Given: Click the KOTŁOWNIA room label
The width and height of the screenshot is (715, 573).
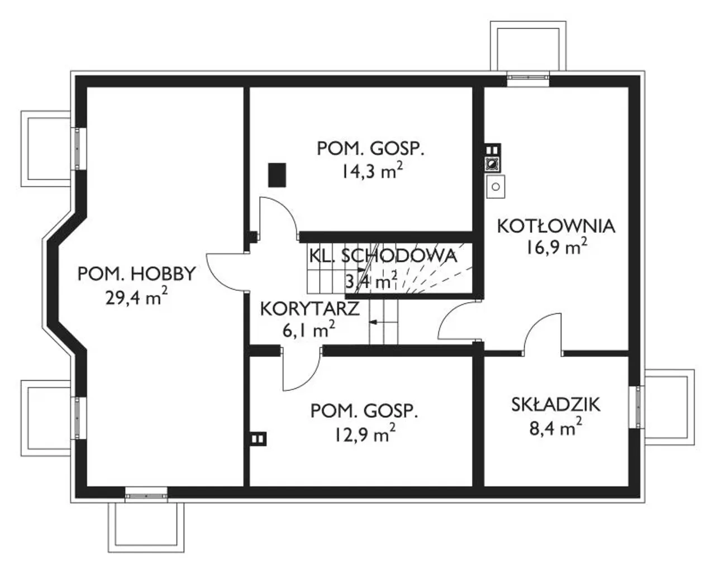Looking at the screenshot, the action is point(556,227).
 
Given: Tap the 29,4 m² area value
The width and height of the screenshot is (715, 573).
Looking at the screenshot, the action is point(136,297).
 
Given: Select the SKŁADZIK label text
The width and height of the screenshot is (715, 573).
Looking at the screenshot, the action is point(556,405).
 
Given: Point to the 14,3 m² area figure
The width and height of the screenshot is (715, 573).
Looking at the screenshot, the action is point(373,171).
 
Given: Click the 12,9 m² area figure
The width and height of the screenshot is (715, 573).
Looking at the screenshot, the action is point(365,433).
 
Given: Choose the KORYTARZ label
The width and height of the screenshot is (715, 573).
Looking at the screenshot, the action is point(309,309).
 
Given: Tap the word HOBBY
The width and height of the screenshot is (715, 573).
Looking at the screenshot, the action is point(163,274).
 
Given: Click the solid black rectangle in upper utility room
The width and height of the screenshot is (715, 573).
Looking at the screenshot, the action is point(277,175).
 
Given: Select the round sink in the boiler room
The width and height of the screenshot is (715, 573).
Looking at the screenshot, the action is point(495,187).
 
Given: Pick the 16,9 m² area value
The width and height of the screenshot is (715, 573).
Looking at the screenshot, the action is point(556,247).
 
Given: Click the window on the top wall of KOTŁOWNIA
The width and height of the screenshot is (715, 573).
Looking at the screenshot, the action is point(528,78).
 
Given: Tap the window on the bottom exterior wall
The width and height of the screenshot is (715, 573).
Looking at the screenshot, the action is point(146,496).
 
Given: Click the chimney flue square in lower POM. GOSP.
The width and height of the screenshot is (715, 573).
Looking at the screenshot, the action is point(258,439).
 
